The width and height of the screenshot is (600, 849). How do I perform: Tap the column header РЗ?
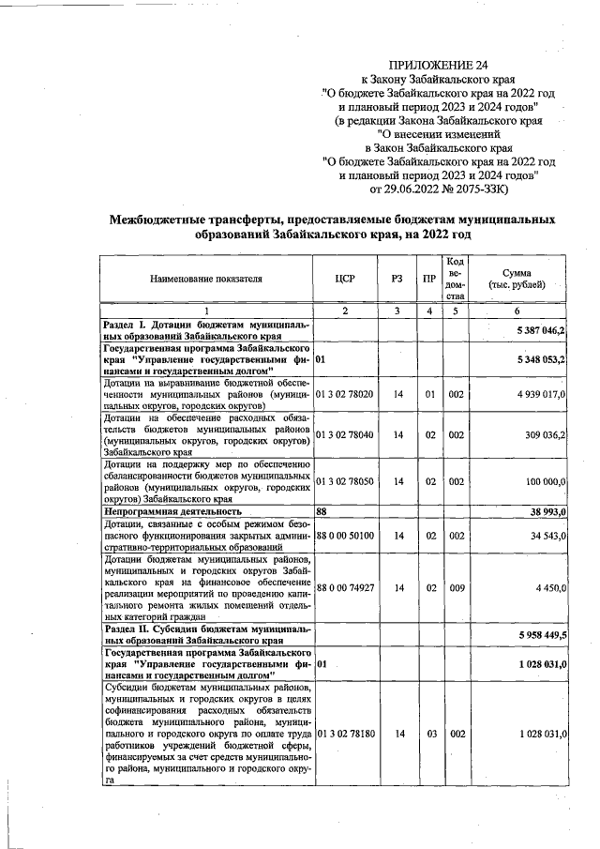coord(397,279)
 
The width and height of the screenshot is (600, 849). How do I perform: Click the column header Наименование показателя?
coord(206,279)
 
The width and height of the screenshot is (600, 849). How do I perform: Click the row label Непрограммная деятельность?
coord(173,511)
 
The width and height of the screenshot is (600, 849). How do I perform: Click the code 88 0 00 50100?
coord(346,536)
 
